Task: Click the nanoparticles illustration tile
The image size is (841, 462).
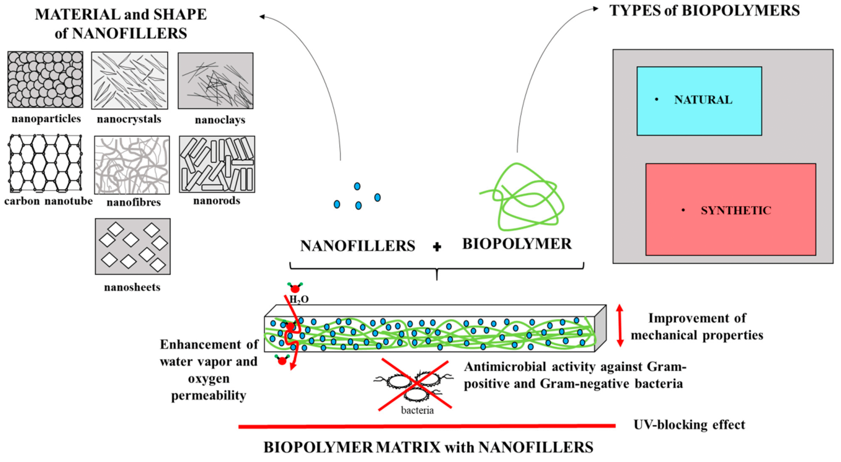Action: pos(45,79)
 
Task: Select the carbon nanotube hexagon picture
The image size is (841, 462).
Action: pos(45,163)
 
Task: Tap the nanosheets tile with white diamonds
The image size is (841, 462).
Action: pos(133,246)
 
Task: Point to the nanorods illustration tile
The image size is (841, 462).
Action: pos(217,164)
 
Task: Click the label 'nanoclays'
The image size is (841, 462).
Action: pos(220,120)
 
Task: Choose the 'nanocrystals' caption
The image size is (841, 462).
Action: pos(129,119)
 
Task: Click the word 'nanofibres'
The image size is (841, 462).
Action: pos(133,202)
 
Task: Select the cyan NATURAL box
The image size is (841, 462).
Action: pos(699,101)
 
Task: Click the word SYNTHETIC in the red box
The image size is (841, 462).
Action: pos(736,210)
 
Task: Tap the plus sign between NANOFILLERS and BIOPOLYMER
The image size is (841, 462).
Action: pos(437,247)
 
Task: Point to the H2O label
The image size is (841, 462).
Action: pos(299,299)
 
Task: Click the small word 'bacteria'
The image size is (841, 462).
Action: pos(417,410)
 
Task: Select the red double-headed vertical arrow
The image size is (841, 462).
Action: pos(620,326)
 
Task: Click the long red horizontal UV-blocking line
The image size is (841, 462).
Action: pos(427,426)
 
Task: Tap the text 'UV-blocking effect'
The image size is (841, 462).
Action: pos(689,425)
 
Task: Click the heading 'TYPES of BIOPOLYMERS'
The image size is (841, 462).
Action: pos(704,11)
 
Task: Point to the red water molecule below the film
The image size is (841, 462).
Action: pos(282,361)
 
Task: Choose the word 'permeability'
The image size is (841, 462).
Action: pos(209,396)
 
